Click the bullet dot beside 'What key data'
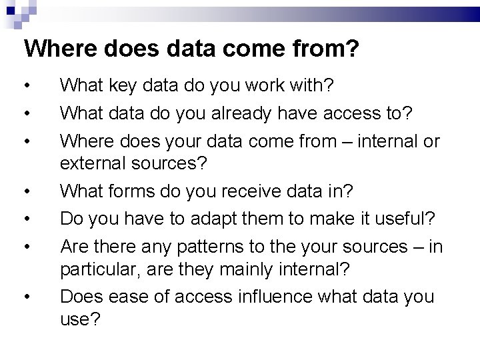pyautogui.click(x=25, y=87)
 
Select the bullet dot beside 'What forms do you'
pyautogui.click(x=25, y=192)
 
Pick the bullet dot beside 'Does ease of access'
pyautogui.click(x=25, y=297)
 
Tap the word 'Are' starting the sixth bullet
pyautogui.click(x=74, y=247)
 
